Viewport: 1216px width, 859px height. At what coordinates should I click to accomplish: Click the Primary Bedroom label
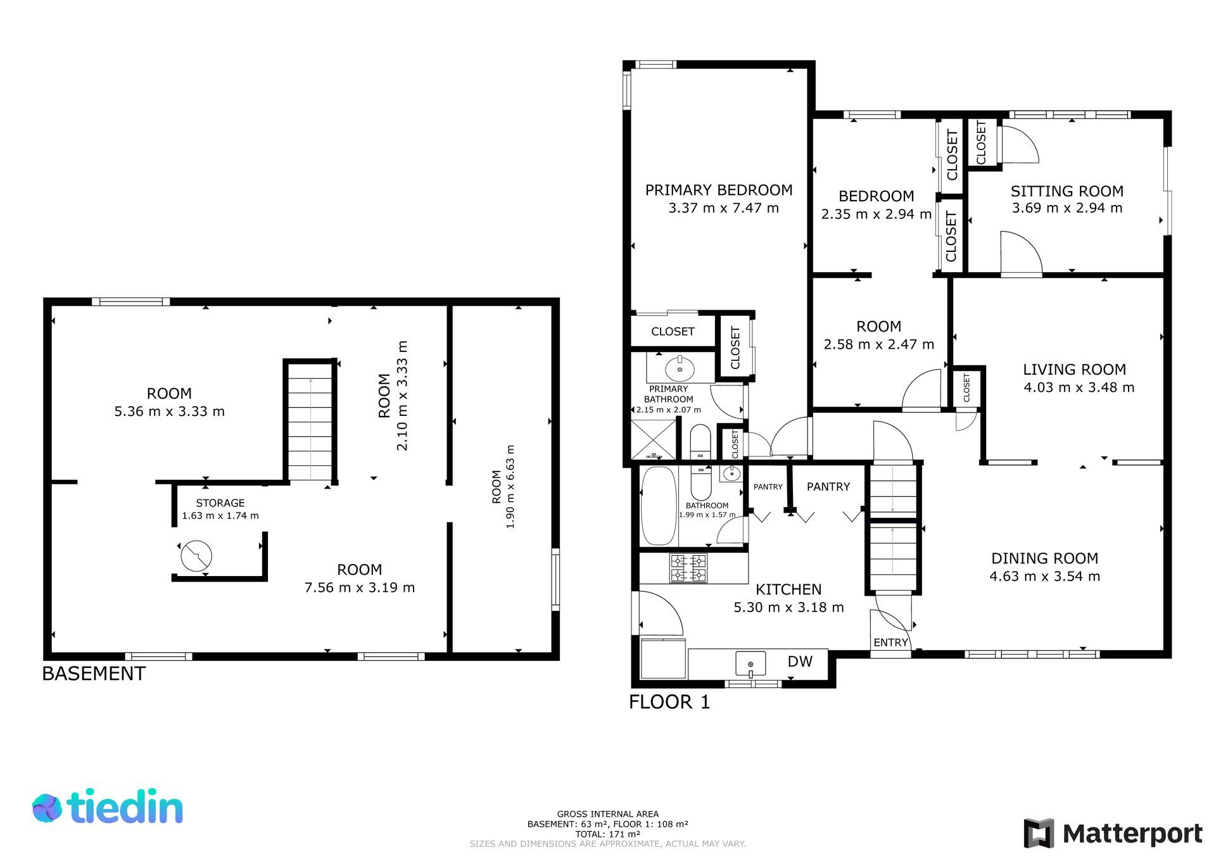pos(719,190)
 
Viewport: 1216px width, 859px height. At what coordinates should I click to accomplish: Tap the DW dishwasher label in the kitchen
pos(800,661)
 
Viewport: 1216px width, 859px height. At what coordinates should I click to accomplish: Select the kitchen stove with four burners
pos(688,568)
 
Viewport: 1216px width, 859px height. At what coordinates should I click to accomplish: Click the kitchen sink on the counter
pos(750,664)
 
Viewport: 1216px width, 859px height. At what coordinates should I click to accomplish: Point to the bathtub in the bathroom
pos(659,506)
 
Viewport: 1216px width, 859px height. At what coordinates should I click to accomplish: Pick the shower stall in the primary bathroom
pos(654,439)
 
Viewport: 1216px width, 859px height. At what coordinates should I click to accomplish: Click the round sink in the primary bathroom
pos(680,368)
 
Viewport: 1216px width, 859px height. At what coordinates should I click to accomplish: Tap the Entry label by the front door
pos(890,643)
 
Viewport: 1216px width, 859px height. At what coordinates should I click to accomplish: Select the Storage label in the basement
pos(220,503)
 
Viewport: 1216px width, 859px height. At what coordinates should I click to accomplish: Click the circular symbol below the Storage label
pos(196,556)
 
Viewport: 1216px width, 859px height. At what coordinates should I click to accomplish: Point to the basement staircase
pos(310,421)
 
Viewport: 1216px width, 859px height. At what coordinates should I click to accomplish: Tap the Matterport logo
pos(1113,833)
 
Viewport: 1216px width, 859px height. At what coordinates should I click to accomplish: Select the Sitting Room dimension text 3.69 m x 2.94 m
pos(1067,208)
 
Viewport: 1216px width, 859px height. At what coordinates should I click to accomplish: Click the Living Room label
pos(1075,370)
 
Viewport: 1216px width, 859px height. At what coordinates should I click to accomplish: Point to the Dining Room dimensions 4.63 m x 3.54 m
pos(1045,576)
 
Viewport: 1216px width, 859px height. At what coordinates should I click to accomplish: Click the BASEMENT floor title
pos(94,674)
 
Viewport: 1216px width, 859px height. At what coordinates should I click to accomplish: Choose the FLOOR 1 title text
pos(669,702)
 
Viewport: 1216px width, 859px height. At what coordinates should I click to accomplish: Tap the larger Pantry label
pos(828,487)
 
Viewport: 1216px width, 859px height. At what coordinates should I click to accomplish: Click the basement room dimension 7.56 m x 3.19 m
pos(360,587)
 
